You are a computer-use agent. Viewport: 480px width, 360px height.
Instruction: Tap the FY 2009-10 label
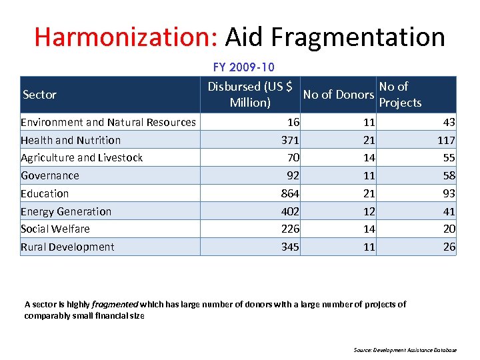coord(243,67)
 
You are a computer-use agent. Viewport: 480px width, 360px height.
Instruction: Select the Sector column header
coord(39,95)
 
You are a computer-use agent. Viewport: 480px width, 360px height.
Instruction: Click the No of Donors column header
coord(338,95)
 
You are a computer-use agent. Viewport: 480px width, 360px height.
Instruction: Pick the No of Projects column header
coord(400,94)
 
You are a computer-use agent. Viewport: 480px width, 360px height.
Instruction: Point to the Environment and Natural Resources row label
coord(108,122)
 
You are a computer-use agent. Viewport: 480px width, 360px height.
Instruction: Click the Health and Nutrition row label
coord(71,140)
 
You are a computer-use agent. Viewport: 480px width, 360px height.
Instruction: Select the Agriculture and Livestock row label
coord(81,157)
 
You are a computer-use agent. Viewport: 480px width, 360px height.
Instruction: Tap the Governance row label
coord(50,175)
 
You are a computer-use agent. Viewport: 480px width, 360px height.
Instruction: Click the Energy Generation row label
coord(66,211)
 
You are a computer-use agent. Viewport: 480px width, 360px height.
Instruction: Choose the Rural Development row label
coord(67,247)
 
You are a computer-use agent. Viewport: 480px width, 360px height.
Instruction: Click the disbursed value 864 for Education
coord(290,193)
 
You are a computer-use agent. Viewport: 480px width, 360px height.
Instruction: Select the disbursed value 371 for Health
coord(290,140)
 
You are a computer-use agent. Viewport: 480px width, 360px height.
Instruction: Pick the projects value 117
coord(446,140)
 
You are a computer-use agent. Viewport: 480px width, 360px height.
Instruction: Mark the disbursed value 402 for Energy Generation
coord(290,211)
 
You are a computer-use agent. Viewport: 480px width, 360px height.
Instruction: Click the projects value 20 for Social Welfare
coord(449,229)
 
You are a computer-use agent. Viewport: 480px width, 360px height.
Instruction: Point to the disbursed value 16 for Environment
coord(293,122)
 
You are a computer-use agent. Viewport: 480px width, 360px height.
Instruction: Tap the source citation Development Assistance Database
coord(414,350)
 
